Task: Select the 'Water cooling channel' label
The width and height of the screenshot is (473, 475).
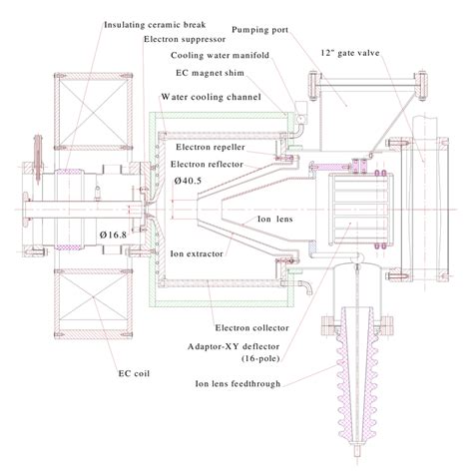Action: coord(211,97)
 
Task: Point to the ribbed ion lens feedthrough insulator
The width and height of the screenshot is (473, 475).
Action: coord(358,399)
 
